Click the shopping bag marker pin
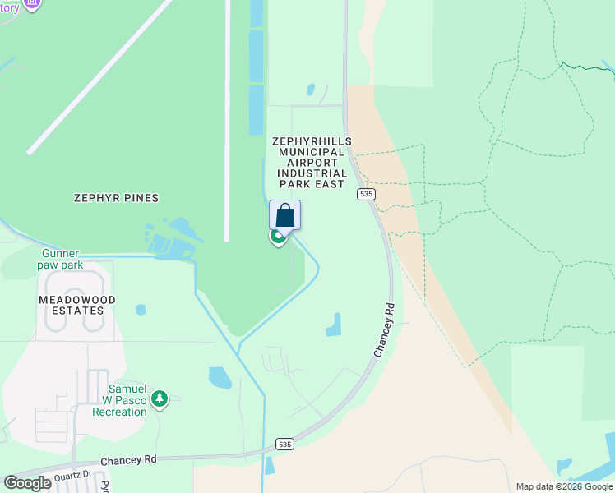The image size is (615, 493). pyautogui.click(x=284, y=215)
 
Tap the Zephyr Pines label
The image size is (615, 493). pyautogui.click(x=116, y=198)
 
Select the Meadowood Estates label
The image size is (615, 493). pyautogui.click(x=77, y=305)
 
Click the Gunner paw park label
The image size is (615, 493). pyautogui.click(x=60, y=260)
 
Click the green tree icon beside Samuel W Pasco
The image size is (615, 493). pyautogui.click(x=160, y=399)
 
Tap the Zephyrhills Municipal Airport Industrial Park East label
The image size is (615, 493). pyautogui.click(x=312, y=163)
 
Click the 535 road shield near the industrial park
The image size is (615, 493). pyautogui.click(x=366, y=194)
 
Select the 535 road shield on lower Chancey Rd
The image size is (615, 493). pyautogui.click(x=284, y=444)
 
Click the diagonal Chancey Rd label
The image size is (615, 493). pyautogui.click(x=384, y=329)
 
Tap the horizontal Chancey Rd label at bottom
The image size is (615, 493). pyautogui.click(x=127, y=462)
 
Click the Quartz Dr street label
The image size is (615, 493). pyautogui.click(x=74, y=475)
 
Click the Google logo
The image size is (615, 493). pyautogui.click(x=27, y=483)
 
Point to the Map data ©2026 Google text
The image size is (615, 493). pyautogui.click(x=564, y=486)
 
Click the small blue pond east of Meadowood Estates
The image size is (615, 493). pyautogui.click(x=141, y=310)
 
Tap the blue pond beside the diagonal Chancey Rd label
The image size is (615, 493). pyautogui.click(x=334, y=325)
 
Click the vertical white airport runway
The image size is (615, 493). pyautogui.click(x=227, y=123)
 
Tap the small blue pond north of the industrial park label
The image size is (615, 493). pyautogui.click(x=310, y=90)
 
